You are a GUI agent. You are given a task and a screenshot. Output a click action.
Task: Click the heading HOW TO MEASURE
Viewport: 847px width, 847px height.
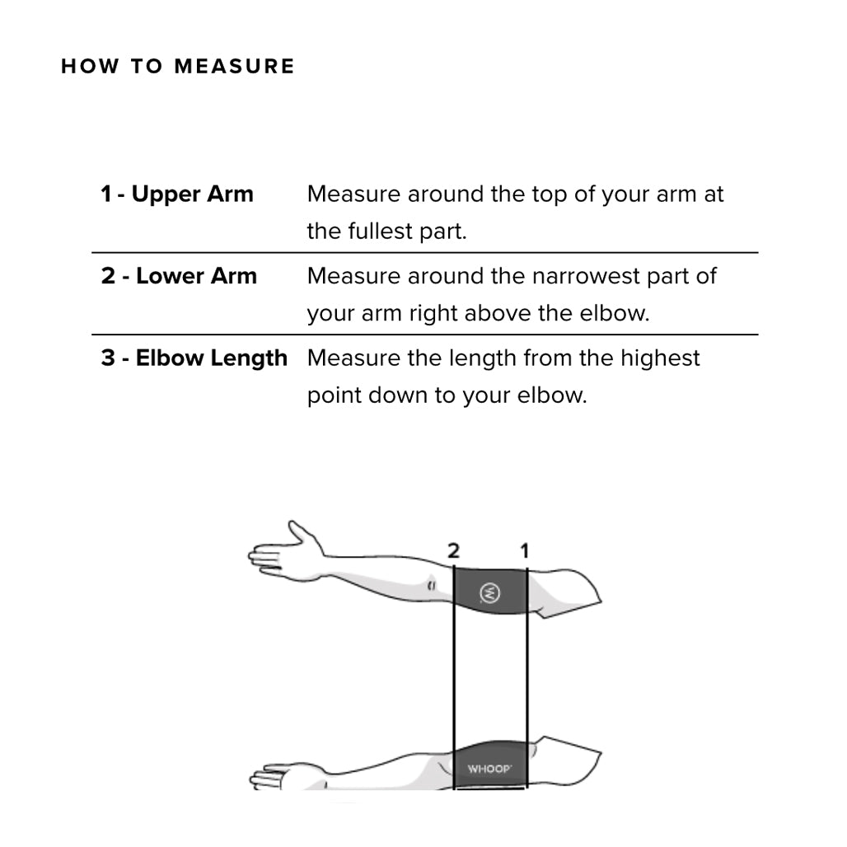[177, 67]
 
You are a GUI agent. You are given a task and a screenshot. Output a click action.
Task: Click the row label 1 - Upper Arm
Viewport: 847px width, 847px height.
[177, 194]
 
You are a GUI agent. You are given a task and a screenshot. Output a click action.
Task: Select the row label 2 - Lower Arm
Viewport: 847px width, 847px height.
[179, 276]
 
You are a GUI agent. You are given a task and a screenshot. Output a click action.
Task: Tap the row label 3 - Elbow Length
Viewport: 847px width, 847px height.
[194, 358]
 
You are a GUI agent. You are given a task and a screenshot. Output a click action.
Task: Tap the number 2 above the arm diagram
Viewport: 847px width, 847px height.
[453, 550]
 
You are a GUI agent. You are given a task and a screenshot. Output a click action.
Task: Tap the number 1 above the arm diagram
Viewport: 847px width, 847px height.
[524, 550]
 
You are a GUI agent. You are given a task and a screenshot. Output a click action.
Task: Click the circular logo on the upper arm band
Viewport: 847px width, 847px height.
[489, 592]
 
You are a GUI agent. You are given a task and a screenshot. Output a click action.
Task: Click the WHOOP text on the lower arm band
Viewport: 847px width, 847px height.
[489, 770]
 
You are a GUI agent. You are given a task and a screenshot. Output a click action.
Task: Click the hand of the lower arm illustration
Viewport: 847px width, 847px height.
[276, 777]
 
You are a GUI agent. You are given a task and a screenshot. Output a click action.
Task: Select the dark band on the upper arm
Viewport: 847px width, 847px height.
[489, 591]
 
